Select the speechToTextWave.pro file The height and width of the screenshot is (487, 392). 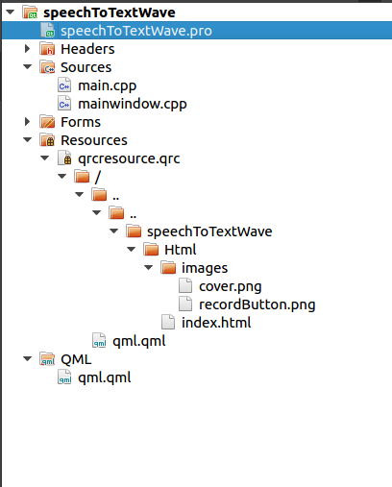tap(135, 31)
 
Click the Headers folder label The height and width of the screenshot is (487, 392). tap(87, 49)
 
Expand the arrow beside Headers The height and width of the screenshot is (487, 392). tap(28, 49)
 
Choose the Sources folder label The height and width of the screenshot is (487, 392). tap(86, 67)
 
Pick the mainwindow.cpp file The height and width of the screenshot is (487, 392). tap(131, 104)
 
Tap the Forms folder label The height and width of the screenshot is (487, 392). tap(81, 122)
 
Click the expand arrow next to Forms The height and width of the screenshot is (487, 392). tap(28, 122)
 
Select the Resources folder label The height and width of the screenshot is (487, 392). tap(93, 140)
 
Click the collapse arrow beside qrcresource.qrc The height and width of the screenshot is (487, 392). tap(45, 158)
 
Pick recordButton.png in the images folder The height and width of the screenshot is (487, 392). tap(257, 304)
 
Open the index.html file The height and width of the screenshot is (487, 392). tap(216, 323)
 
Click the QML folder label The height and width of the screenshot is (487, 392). tap(76, 359)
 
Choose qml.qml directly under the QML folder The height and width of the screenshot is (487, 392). tap(103, 377)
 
